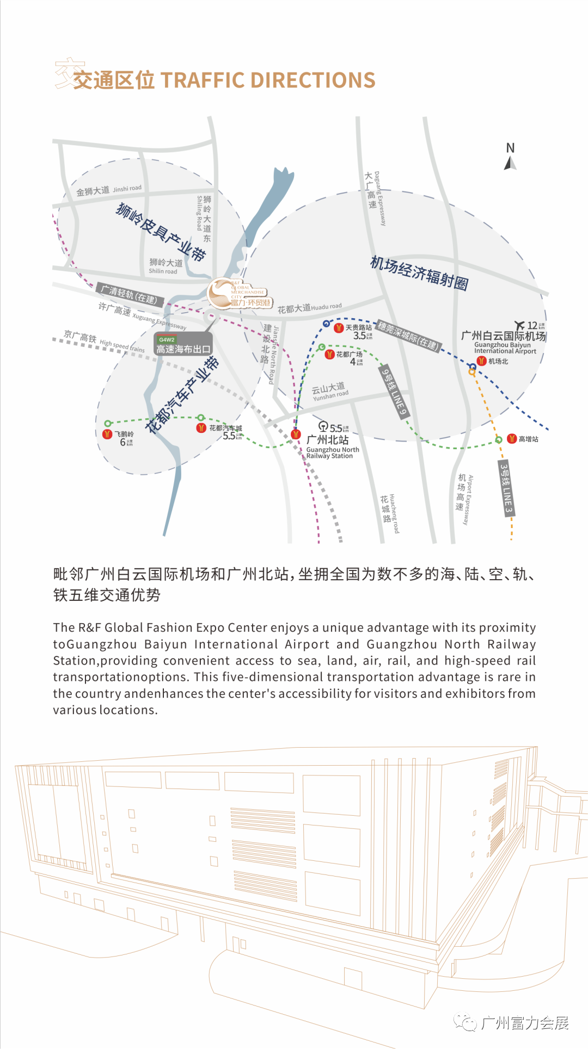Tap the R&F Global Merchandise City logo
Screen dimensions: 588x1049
240,294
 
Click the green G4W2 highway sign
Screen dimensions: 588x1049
167,339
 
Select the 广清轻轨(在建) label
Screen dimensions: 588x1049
130,294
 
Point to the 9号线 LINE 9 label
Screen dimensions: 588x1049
394,392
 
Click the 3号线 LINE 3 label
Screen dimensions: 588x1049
506,488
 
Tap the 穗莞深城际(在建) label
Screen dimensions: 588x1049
408,336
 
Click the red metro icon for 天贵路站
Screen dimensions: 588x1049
339,328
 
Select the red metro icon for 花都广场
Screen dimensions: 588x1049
329,355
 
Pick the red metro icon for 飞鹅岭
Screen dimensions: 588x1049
107,434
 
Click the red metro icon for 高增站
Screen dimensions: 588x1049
512,439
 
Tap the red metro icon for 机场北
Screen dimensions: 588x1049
481,361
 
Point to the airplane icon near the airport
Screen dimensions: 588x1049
520,325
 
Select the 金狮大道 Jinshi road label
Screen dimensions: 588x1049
108,190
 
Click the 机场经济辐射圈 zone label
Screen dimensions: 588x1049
419,273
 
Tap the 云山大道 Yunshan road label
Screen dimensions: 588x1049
329,391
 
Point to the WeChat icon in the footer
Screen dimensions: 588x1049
466,1023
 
